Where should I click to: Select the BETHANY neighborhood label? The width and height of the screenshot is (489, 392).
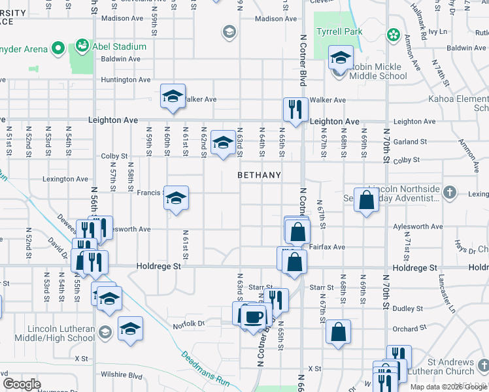(x=259, y=175)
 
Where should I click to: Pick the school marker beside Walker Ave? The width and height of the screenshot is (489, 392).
(x=173, y=97)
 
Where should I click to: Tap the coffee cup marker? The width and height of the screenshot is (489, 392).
(x=253, y=316)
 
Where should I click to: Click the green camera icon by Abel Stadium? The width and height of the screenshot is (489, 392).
(x=82, y=46)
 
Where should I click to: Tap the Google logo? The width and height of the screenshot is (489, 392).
(x=22, y=384)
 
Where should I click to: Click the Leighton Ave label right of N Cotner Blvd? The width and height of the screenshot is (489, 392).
(x=335, y=122)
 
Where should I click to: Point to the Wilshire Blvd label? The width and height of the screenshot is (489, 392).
(x=122, y=375)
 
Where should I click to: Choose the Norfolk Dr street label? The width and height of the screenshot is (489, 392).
(x=189, y=323)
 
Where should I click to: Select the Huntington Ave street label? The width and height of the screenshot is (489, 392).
(x=126, y=80)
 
